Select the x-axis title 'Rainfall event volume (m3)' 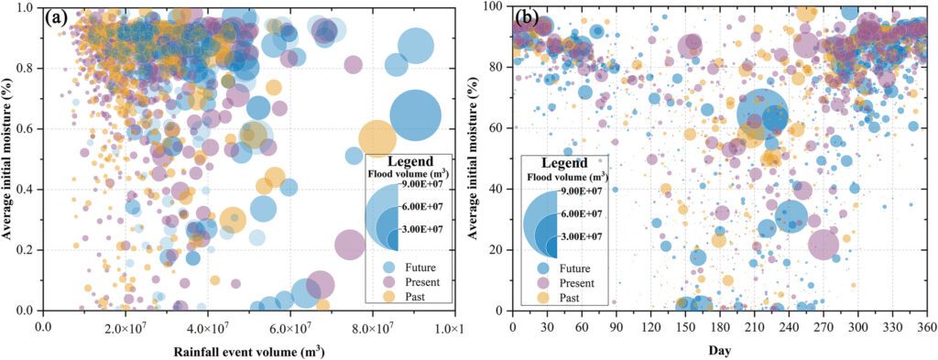point(248,349)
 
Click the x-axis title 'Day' point(719,349)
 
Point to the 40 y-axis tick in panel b point(495,189)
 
